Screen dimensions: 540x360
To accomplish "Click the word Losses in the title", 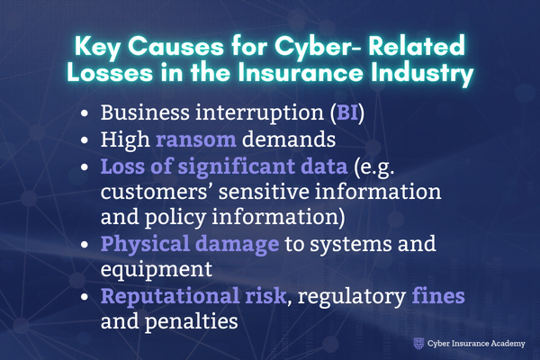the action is point(110,73).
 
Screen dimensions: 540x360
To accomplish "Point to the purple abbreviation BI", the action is point(346,112).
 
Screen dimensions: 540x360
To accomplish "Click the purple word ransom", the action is point(196,139).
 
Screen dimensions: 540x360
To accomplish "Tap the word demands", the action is point(289,139).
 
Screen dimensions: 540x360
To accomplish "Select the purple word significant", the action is point(236,166).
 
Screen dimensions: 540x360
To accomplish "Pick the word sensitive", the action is point(267,191).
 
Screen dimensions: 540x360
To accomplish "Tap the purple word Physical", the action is point(145,244).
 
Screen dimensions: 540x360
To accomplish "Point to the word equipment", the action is point(157,270).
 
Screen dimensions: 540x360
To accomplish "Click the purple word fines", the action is point(438,295).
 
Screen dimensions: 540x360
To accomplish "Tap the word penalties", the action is point(191,321).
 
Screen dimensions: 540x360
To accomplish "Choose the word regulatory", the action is point(351,296).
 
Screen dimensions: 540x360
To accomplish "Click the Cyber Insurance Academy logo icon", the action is point(418,344).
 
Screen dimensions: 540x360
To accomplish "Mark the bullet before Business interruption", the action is point(85,113).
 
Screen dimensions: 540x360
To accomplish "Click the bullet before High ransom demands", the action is point(85,139).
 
